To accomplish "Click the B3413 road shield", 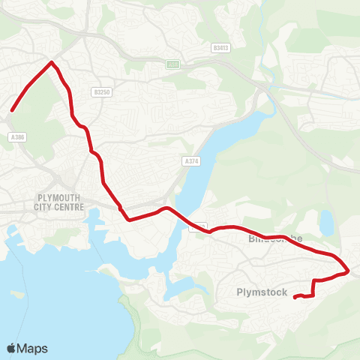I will pyautogui.click(x=220, y=46).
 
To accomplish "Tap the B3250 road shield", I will pyautogui.click(x=102, y=91).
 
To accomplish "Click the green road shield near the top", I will pyautogui.click(x=173, y=64).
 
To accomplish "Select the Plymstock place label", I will pyautogui.click(x=262, y=292).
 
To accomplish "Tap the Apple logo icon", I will pyautogui.click(x=11, y=348).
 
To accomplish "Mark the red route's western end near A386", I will pyautogui.click(x=12, y=112).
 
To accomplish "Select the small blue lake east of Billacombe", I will pyautogui.click(x=326, y=222).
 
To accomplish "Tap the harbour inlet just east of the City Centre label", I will pyautogui.click(x=97, y=219).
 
